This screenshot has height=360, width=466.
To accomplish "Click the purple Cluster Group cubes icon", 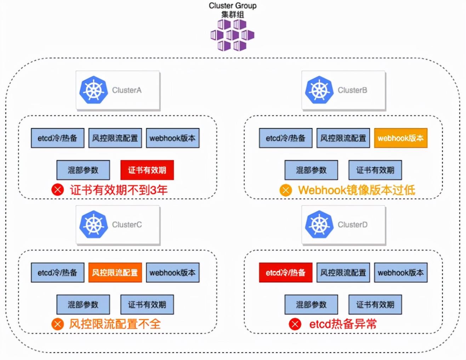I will (232, 35).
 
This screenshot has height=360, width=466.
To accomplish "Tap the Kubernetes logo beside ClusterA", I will (93, 90).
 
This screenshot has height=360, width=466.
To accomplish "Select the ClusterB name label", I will (352, 90).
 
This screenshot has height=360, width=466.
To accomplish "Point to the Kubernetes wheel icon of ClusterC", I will (93, 224).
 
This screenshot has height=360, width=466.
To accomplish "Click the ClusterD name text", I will (352, 225).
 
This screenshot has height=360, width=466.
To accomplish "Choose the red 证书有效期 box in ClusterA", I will (147, 170).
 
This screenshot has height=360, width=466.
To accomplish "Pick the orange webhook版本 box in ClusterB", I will (400, 138).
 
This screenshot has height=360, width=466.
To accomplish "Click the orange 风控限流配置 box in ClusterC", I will (115, 272).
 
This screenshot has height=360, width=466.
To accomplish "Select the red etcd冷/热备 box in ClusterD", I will (285, 272).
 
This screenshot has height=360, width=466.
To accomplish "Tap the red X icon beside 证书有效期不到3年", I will (57, 190).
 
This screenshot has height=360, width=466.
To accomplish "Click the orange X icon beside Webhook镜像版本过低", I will (285, 190).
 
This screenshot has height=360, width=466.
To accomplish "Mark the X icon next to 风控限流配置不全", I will (57, 324).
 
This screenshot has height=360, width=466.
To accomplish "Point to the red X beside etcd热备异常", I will (295, 324).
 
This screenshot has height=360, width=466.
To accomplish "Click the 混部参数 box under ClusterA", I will (83, 170).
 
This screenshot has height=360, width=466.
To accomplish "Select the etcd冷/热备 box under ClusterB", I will (285, 138).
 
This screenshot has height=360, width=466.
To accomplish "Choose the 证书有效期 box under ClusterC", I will (147, 304).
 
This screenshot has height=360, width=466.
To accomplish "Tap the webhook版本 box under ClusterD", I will (400, 272).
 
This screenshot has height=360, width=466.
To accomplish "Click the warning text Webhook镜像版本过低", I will (356, 190).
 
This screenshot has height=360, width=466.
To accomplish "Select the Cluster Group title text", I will (233, 6).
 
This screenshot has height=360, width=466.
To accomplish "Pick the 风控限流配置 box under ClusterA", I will (115, 138).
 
